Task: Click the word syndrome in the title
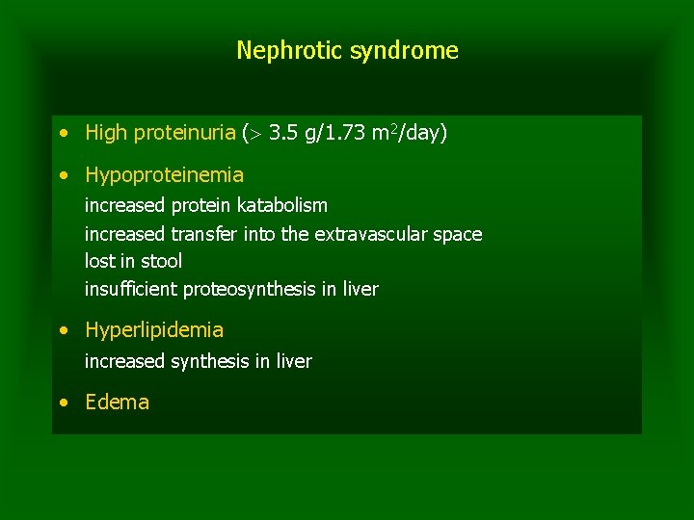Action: point(404,50)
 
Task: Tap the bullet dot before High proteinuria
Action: point(63,133)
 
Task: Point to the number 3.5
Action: point(282,133)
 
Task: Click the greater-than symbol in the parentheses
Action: point(255,133)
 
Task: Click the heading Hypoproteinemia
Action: point(164,175)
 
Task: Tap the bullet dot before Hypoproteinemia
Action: point(63,175)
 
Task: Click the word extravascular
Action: point(372,234)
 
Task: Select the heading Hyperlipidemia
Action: point(154,330)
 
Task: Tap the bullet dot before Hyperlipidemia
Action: point(63,330)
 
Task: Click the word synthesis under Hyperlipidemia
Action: point(207,361)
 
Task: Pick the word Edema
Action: point(117,403)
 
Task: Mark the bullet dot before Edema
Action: point(63,403)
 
